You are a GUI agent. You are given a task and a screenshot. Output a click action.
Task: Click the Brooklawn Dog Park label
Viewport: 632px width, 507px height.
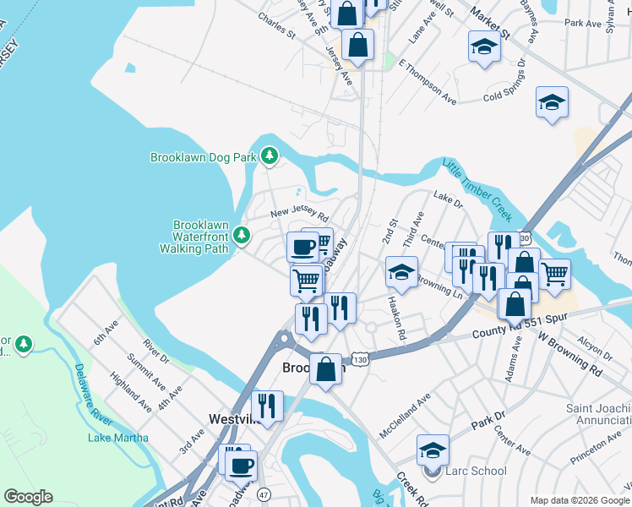(204, 157)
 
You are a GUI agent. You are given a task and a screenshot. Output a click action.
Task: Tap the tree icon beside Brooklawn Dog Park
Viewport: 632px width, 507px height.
(270, 155)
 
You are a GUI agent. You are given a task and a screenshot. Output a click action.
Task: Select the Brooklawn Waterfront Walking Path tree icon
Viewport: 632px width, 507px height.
(243, 234)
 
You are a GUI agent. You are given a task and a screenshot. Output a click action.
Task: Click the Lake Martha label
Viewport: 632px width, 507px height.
(118, 438)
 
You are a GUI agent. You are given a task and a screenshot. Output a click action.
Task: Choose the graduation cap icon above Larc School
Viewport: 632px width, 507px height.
(433, 450)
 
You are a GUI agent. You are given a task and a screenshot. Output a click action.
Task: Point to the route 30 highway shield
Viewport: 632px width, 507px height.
(525, 241)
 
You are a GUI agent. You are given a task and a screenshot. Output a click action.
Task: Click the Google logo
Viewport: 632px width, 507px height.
(28, 497)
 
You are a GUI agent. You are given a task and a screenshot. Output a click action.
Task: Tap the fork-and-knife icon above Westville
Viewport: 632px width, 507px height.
(268, 405)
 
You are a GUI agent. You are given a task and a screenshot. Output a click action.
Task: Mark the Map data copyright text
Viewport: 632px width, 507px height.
(580, 499)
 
